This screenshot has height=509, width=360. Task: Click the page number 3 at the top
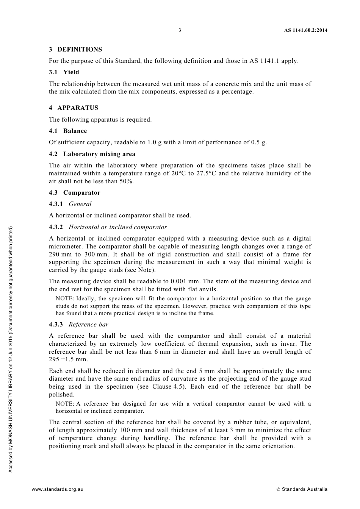(x=180, y=30)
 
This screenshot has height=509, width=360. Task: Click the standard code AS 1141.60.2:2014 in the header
(x=306, y=30)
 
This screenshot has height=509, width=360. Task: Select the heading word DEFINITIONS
(x=80, y=50)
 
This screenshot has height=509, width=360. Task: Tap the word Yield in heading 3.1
(x=71, y=72)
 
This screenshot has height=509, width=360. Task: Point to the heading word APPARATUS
(x=78, y=108)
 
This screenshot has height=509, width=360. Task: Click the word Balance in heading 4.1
(x=75, y=131)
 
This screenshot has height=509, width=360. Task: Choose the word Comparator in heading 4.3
(x=82, y=193)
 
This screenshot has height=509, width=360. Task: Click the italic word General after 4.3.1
(x=80, y=204)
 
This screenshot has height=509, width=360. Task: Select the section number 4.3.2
(x=56, y=227)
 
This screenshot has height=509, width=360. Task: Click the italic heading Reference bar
(x=88, y=325)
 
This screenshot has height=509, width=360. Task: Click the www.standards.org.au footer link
(x=58, y=489)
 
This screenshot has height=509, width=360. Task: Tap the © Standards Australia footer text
(x=302, y=489)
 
